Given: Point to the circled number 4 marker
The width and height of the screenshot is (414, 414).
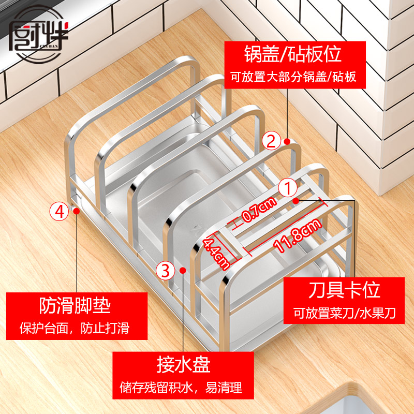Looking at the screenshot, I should click(x=59, y=211).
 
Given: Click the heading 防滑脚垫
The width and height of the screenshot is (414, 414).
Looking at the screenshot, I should click(x=75, y=306).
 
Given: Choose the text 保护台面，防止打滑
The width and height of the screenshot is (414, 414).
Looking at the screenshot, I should click(x=74, y=329).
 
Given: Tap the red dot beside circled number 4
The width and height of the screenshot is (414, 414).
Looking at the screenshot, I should click(x=76, y=211).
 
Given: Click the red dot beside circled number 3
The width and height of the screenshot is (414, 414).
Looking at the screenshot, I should click(x=183, y=270).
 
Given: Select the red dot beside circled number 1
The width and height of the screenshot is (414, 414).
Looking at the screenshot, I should click(x=295, y=200).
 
